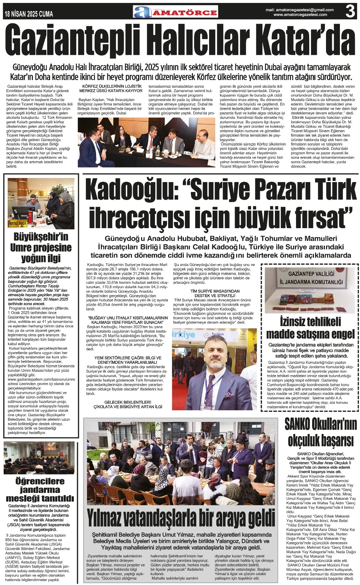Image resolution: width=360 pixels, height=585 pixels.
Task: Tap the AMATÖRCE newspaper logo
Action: pyautogui.click(x=176, y=12)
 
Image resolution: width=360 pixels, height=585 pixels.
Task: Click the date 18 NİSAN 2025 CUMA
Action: pyautogui.click(x=29, y=14)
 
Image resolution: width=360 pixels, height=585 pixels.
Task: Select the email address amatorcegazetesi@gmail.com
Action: pyautogui.click(x=300, y=10)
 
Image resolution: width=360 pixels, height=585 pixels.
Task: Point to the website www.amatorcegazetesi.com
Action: pyautogui.click(x=300, y=15)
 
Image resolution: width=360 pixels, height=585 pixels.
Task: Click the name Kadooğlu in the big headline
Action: pyautogui.click(x=131, y=190)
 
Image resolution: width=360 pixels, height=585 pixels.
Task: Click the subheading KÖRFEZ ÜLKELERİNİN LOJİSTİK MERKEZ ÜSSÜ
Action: pyautogui.click(x=111, y=88)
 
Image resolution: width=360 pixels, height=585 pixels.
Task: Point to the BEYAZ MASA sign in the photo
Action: pyautogui.click(x=18, y=223)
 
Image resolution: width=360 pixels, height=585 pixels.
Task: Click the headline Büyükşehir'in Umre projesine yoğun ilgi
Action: pyautogui.click(x=41, y=247)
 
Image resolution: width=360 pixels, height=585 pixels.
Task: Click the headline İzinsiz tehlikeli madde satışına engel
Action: pyautogui.click(x=310, y=328)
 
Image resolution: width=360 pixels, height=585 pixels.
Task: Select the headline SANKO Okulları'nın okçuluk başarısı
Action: pyautogui.click(x=321, y=432)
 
